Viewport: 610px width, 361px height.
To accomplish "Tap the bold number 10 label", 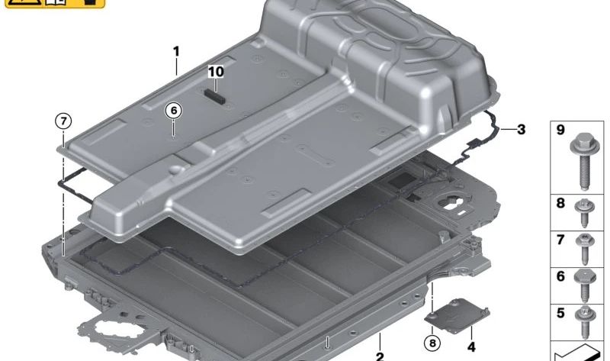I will click(216, 71).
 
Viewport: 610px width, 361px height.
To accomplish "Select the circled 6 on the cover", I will click(174, 111).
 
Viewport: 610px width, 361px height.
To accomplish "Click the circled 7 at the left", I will click(63, 121).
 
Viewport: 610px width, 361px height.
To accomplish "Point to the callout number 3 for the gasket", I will click(521, 129).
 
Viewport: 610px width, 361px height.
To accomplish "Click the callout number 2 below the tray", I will click(379, 355).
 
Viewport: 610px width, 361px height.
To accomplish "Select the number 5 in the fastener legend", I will click(560, 312).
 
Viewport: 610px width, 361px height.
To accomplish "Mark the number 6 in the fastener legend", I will click(560, 276).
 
